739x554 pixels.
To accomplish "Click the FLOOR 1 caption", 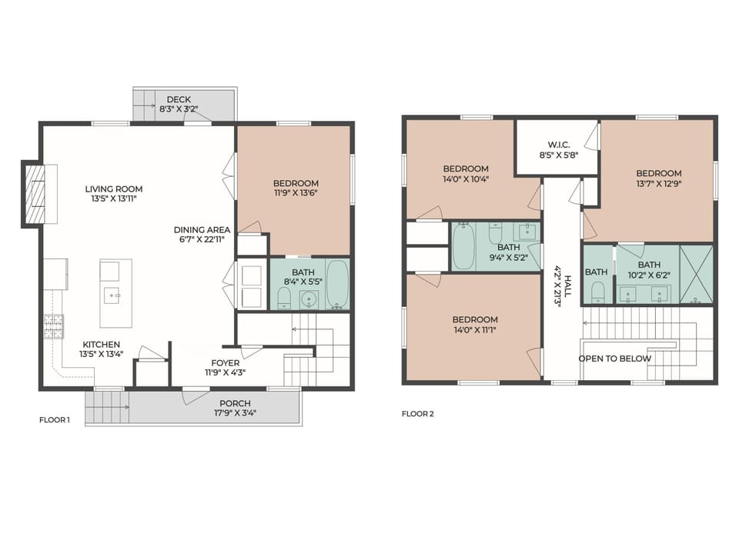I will tap(55, 420).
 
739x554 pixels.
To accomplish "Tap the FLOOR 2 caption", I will tap(418, 414).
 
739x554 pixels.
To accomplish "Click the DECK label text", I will tap(179, 99).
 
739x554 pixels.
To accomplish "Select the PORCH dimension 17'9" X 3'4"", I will tap(235, 413).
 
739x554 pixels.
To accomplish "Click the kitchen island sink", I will tap(113, 293).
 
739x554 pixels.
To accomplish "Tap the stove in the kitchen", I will tap(53, 326).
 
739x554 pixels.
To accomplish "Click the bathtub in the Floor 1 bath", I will tap(337, 284).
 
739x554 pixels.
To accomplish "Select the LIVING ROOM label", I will tap(113, 189).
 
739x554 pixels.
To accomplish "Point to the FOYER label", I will tap(226, 363).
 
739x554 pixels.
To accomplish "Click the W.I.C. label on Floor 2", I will tap(558, 144).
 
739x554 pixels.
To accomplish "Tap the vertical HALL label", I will tap(568, 281).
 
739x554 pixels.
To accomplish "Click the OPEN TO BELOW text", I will tap(615, 359).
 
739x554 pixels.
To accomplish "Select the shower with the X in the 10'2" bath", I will tap(696, 275).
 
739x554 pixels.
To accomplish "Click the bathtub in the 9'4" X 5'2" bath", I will tap(463, 245).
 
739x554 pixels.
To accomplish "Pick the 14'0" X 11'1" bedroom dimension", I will tap(475, 329).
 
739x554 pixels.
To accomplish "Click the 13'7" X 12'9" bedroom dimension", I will tap(658, 184).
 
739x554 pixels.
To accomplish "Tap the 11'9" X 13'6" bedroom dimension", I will tap(296, 193).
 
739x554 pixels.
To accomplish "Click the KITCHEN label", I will tap(99, 344).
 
